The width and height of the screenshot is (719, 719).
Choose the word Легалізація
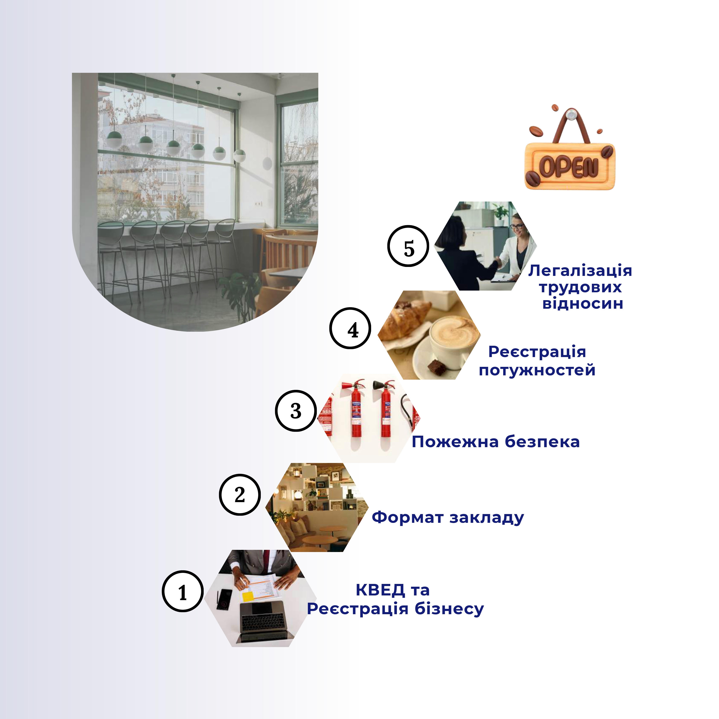[x=580, y=271]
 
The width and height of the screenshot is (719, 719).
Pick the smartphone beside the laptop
[x=224, y=599]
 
